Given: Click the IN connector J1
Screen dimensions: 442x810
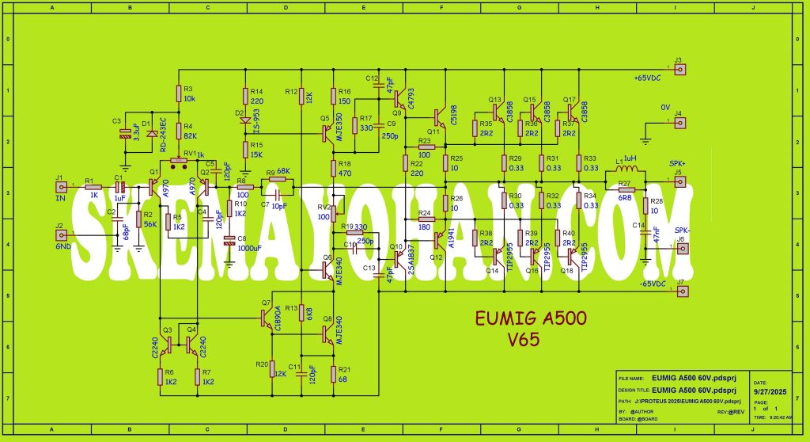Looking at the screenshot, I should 60,188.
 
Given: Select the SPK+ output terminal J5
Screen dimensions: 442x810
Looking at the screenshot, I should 679,181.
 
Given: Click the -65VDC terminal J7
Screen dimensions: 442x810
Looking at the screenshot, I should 679,291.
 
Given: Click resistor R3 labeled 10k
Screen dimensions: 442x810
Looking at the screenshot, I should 177,94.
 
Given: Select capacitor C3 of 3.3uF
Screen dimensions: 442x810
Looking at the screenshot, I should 124,131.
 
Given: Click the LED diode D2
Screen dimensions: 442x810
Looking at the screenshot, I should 245,120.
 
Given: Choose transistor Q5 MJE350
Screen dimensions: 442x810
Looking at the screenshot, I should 327,134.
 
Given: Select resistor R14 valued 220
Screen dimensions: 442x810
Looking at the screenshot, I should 245,96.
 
